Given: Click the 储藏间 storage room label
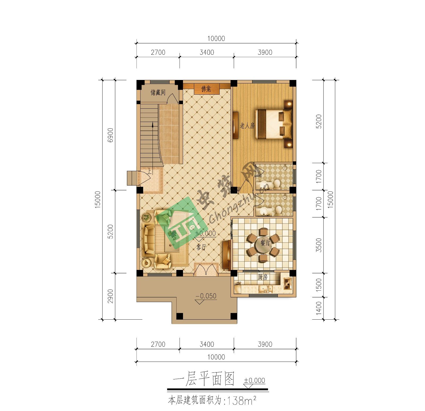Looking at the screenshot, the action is (158, 92).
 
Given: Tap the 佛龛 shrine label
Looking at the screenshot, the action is (206, 89).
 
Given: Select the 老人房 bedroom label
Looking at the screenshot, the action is (247, 125).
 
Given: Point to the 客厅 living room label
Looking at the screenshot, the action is (201, 247).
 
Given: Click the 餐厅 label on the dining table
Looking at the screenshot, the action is (265, 243).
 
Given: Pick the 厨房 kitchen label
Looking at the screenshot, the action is (263, 277).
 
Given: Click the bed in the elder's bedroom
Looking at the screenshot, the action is (274, 124).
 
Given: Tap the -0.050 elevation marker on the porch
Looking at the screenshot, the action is (206, 296).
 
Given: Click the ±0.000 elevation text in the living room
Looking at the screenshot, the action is (205, 234).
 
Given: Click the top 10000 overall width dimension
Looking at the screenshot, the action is (216, 39).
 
